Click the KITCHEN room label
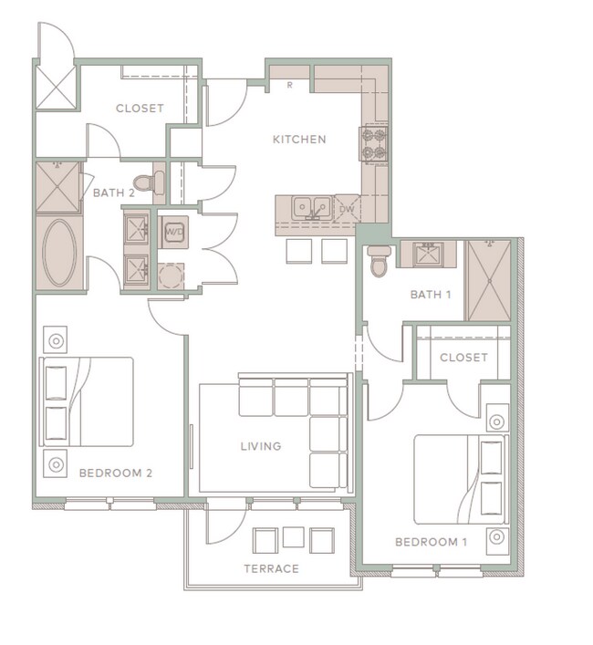tap(299, 140)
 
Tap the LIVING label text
tap(260, 446)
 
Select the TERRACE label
tap(271, 568)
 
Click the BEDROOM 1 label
tap(430, 542)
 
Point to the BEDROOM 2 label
tap(115, 473)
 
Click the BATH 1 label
tap(431, 294)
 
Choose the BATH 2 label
tap(114, 192)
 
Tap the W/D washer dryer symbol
tap(173, 232)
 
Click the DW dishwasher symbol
tap(347, 209)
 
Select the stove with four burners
tap(375, 142)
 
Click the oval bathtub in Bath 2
tap(61, 254)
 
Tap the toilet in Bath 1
tap(380, 261)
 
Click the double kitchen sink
tap(311, 208)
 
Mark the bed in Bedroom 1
tap(461, 479)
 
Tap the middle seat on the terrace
tap(293, 536)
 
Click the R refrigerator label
tap(289, 86)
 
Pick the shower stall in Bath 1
tap(488, 280)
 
